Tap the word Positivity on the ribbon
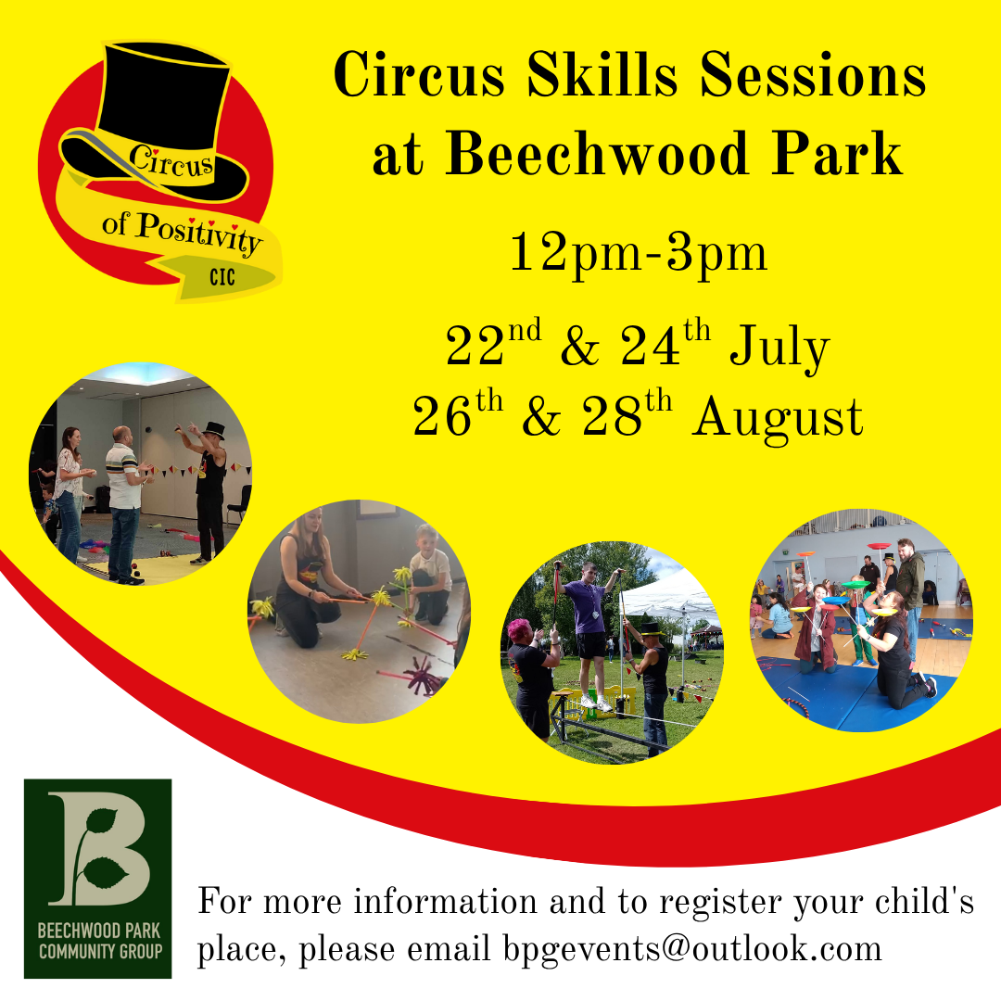click(x=199, y=233)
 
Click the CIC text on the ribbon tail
click(x=222, y=277)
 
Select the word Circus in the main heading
click(x=419, y=75)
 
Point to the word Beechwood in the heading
click(x=596, y=153)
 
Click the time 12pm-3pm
click(x=639, y=254)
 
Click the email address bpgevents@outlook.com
click(x=692, y=949)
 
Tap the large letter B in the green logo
click(x=99, y=849)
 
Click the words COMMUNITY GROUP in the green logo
click(x=100, y=952)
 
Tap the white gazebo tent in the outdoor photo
click(x=670, y=600)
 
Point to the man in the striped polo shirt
click(x=124, y=504)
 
